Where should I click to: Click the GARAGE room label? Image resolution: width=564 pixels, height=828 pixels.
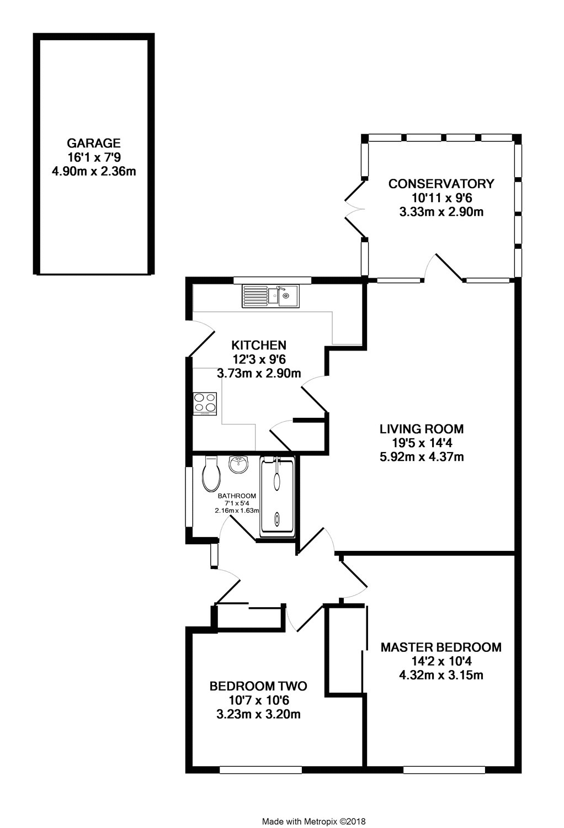coord(93,142)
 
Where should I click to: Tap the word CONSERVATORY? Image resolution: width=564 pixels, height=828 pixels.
coord(441,184)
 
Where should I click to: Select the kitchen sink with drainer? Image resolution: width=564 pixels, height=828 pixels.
coord(270,296)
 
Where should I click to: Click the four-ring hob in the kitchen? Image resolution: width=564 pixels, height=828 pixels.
coord(205,404)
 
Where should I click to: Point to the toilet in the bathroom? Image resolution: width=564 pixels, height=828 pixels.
coord(211,474)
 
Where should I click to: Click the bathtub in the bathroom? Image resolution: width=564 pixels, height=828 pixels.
coord(277,496)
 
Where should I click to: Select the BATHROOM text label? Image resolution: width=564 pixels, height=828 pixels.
coord(237,496)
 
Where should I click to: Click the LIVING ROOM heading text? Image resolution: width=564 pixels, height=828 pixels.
coord(421,429)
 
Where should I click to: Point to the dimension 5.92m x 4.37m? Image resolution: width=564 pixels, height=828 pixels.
coord(421,457)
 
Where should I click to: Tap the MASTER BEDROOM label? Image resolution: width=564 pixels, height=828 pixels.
coord(441,647)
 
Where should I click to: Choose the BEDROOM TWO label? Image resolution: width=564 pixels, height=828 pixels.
coord(258,686)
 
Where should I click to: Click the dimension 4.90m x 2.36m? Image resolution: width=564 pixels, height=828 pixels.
coord(93,172)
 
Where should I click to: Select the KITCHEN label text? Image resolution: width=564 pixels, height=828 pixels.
coord(259,345)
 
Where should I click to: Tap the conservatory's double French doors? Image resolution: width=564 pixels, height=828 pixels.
coord(355,209)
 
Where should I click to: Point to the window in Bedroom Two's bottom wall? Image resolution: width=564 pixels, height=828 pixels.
coord(260,770)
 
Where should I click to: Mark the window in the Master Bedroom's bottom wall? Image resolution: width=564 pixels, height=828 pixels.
coord(444,770)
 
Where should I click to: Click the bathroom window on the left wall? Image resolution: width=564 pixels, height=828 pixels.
coord(189,497)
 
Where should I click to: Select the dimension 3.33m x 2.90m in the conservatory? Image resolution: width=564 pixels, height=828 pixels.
coord(441,212)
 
